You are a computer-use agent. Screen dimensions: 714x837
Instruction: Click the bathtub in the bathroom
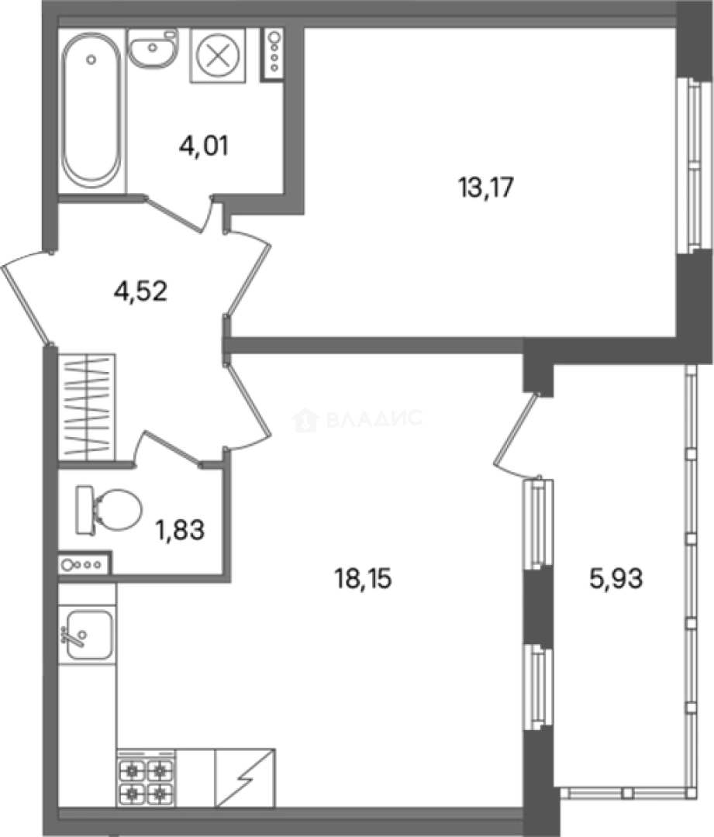(x=91, y=110)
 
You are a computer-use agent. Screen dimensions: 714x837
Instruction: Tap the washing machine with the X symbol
(x=217, y=56)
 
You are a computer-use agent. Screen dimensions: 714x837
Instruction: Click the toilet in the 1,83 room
(x=109, y=510)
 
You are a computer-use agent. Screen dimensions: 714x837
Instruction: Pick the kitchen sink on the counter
(x=88, y=635)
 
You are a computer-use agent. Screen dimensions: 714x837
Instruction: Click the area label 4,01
(x=204, y=146)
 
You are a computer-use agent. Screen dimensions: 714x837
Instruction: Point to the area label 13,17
(x=486, y=188)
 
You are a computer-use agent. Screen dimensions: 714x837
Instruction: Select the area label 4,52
(x=141, y=291)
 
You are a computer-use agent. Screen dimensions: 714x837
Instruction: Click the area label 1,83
(x=180, y=531)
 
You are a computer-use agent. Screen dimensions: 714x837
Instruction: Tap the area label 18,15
(x=363, y=579)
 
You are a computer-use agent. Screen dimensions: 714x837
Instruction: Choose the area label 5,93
(x=616, y=578)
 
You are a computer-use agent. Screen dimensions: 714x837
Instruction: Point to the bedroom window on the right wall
(x=693, y=167)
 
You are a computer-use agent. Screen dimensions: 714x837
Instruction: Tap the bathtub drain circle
(x=91, y=60)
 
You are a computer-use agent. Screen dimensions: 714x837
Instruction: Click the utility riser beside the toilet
(x=85, y=563)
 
